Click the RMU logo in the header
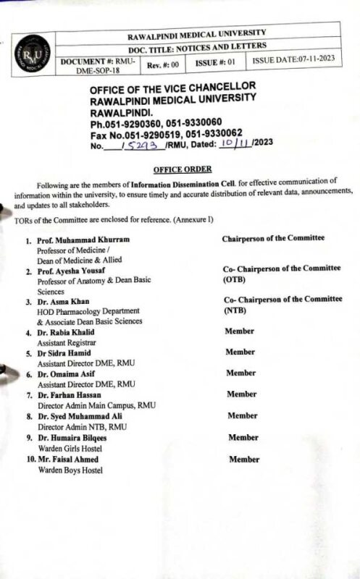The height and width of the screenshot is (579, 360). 32,52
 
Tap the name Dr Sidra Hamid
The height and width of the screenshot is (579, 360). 68,352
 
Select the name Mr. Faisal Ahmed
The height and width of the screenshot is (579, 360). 72,459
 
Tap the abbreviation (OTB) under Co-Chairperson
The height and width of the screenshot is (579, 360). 235,279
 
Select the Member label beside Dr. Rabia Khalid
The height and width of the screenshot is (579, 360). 240,331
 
